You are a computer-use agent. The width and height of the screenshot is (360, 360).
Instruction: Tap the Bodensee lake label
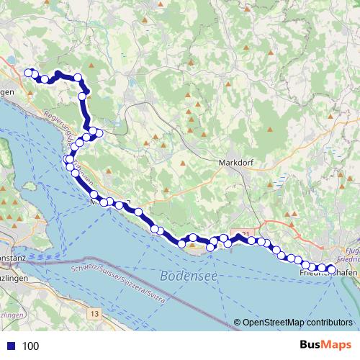tap(189, 276)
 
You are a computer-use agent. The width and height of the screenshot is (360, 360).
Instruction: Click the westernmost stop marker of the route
tap(29, 72)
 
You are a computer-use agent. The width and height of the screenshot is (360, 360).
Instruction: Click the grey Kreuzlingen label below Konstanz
tap(14, 278)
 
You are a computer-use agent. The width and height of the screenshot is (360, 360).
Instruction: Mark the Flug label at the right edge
tap(352, 248)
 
